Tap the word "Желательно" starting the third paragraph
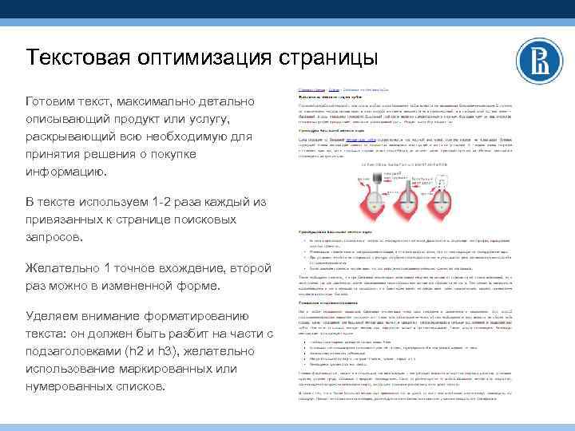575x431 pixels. [x=62, y=267]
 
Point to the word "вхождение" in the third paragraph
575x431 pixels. [x=192, y=267]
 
